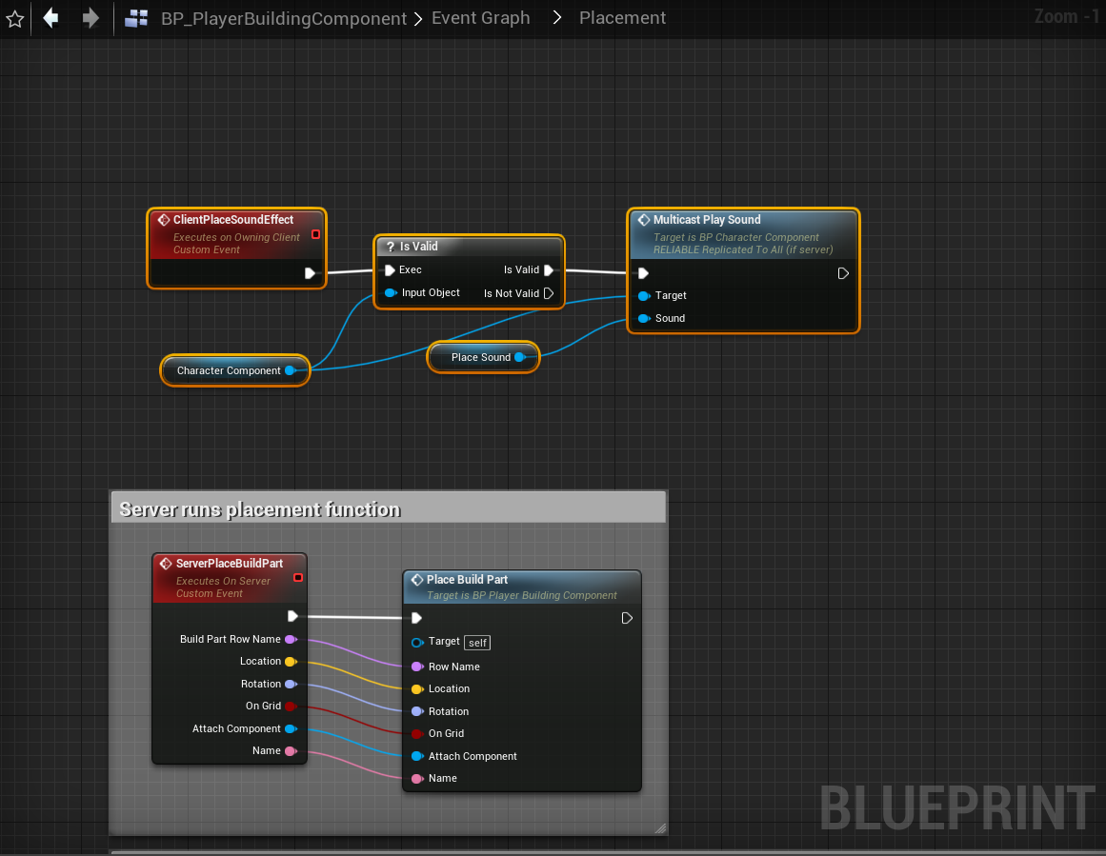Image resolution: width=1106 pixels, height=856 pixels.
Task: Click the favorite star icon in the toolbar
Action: click(15, 19)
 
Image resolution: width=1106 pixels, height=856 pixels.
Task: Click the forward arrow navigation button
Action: click(90, 18)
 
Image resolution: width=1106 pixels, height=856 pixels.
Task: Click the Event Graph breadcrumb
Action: click(480, 18)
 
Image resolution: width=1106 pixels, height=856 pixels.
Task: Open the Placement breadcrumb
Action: click(622, 18)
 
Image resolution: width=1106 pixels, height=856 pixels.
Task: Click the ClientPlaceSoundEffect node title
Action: click(233, 220)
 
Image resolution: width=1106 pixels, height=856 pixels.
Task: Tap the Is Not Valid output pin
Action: click(548, 293)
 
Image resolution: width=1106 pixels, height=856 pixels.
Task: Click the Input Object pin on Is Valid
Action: click(391, 292)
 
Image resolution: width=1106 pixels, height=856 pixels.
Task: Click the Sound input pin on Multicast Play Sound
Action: click(644, 318)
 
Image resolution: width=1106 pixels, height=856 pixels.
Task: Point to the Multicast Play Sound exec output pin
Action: click(843, 273)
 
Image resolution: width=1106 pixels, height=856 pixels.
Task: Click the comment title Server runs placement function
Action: click(260, 509)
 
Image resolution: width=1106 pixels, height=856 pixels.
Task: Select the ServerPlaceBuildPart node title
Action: click(230, 564)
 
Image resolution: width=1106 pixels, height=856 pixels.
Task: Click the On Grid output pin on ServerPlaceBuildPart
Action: click(291, 706)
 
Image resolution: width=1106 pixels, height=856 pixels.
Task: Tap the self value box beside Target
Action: click(477, 643)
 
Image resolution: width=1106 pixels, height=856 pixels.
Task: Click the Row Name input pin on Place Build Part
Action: click(416, 667)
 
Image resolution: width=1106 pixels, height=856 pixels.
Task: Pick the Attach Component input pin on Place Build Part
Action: click(416, 756)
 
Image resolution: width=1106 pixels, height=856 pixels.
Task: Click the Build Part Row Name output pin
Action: click(291, 639)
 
